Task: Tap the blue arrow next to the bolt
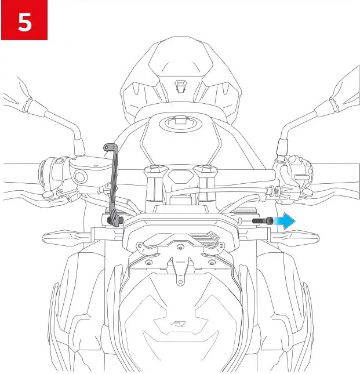pos(285,221)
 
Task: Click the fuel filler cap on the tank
pos(179,124)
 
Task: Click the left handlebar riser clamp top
pos(154,169)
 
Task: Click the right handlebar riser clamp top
pos(205,169)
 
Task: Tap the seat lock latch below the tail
pos(180,86)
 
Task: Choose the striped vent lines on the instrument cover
pos(208,238)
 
